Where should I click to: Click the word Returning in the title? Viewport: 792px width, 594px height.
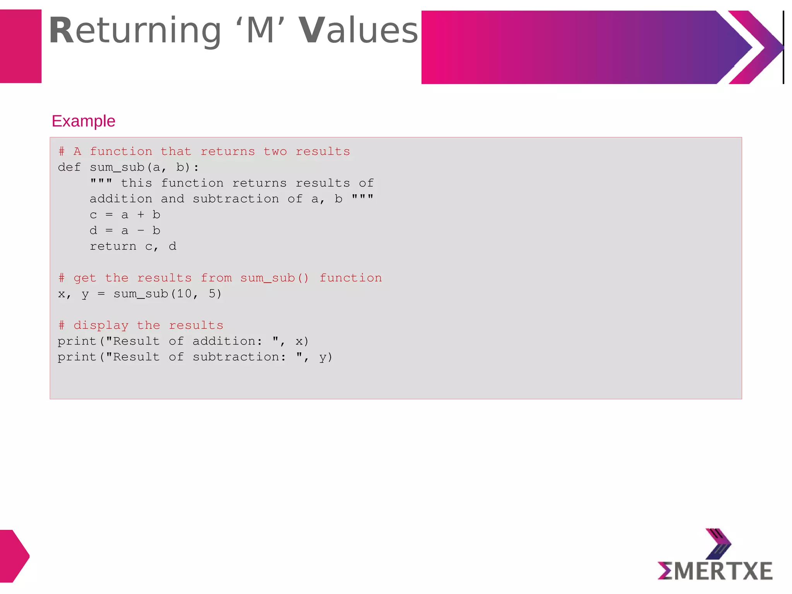coord(135,31)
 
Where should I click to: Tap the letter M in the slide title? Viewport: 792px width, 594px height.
coord(260,31)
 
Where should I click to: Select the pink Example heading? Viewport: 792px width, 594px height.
coord(84,121)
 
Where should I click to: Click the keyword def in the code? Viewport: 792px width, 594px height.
coord(69,167)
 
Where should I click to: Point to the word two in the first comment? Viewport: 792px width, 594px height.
coord(275,152)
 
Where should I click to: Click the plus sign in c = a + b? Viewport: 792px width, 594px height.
coord(141,215)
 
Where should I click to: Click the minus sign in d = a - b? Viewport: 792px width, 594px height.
coord(141,231)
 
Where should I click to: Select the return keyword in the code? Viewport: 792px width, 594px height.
coord(113,247)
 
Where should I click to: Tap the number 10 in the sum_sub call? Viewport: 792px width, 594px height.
coord(184,294)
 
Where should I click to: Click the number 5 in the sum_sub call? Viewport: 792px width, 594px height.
coord(212,294)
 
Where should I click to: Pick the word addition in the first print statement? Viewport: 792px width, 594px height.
coord(224,341)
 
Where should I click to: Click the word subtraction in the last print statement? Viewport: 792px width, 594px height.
coord(236,357)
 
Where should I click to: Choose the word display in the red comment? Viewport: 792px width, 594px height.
coord(101,326)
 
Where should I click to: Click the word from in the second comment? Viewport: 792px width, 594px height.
coord(216,278)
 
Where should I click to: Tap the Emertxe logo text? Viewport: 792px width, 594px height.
coord(715,571)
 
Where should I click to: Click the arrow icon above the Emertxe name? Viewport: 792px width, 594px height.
coord(718,543)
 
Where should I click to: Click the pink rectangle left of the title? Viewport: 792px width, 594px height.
coord(20,46)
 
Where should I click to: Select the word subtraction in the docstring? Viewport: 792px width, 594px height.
coord(236,199)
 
